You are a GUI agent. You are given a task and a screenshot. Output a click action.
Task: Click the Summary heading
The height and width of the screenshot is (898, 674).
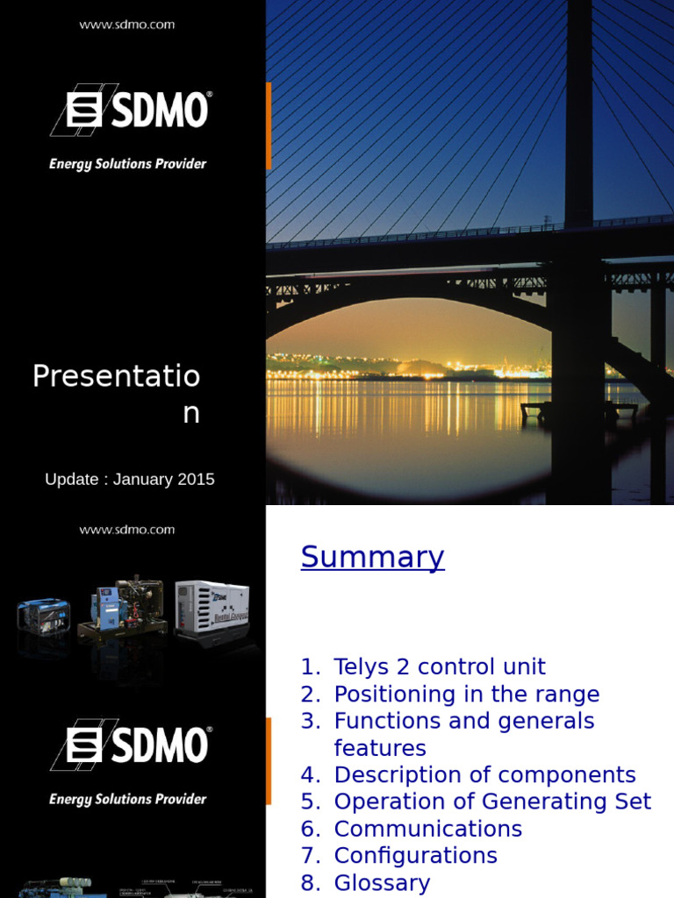point(372,558)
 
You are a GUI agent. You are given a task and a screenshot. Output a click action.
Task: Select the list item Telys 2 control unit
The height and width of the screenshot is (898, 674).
point(440,667)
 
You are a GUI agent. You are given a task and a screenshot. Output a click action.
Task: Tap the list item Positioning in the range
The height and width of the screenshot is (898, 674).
point(466,695)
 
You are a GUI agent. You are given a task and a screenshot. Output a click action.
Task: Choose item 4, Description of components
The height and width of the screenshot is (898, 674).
point(484,775)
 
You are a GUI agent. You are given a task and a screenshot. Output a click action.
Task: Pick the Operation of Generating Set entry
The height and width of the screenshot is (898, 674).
point(492,802)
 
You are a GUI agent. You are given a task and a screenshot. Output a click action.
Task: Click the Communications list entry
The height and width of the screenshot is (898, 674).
point(427,830)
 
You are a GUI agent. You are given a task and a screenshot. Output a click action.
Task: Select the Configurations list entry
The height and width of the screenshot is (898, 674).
point(415,856)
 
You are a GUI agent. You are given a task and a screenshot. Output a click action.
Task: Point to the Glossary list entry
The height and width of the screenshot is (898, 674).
point(382,883)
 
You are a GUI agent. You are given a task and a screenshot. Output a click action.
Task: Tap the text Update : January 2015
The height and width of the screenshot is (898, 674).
point(129,480)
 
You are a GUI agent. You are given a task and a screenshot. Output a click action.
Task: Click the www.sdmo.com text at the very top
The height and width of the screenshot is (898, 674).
point(127,25)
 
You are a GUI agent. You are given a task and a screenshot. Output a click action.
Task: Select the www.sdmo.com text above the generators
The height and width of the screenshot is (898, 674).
point(127,530)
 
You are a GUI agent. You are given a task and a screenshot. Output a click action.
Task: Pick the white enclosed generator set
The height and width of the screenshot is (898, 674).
point(212,607)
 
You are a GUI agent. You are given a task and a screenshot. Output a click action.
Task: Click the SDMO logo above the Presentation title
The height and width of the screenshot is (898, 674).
point(129,110)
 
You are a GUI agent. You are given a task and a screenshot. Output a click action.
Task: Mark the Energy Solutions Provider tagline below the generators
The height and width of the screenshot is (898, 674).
point(128,799)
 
